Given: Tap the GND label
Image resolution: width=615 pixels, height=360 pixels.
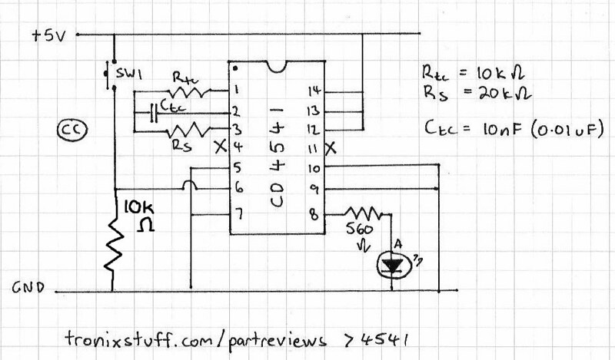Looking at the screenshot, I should (x=28, y=289).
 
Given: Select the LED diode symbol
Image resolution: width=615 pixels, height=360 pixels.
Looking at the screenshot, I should (x=392, y=265).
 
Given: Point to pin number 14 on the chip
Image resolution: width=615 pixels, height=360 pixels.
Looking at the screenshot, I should (x=314, y=91).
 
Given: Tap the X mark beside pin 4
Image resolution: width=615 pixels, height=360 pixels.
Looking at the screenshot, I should (x=222, y=145).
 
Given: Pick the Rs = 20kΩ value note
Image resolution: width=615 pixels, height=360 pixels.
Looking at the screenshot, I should (x=472, y=95).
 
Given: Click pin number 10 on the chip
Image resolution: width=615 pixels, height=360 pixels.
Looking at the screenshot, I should (x=314, y=167).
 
